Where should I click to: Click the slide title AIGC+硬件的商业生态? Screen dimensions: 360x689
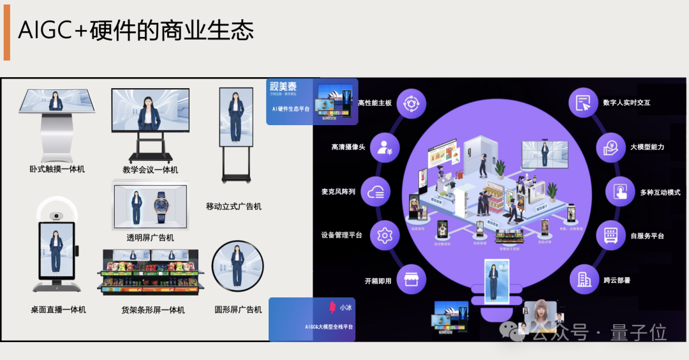136,31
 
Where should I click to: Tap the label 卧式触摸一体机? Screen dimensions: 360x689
57,169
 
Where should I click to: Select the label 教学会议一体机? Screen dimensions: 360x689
151,170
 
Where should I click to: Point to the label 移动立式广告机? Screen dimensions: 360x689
233,206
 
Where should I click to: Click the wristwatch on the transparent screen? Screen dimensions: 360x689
159,206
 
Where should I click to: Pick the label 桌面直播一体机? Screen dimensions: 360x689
58,310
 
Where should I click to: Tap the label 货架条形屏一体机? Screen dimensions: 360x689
153,310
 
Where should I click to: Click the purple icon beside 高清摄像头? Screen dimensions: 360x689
386,147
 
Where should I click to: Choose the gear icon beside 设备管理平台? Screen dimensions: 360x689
384,236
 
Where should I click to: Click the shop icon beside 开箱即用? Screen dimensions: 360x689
412,280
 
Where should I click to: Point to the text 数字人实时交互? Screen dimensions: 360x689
626,102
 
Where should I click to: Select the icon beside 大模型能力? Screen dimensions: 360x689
611,147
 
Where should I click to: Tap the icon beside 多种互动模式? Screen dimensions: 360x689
620,191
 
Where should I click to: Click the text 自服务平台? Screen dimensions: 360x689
647,236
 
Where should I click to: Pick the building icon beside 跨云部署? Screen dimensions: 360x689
584,280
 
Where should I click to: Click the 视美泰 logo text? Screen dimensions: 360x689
283,87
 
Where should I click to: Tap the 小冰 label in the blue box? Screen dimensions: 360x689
345,307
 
